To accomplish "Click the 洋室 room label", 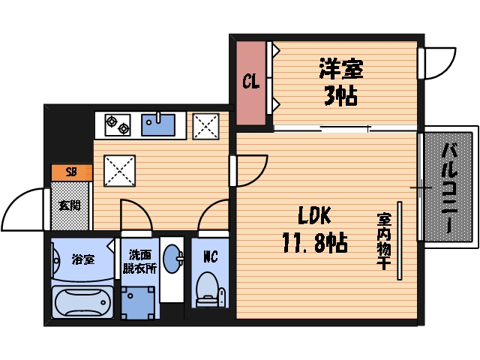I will pos(340,70).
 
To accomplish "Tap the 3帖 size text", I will pos(340,96).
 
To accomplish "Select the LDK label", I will pos(314,216).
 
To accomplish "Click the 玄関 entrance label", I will pos(70,205).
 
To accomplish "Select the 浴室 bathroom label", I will pos(83,259).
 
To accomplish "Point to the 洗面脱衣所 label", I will pos(141,262).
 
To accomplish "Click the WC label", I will pos(210,256).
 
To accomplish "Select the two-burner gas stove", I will pos(117,124).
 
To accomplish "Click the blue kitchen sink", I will pos(159,124).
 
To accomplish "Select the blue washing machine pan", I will pos(140,301).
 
